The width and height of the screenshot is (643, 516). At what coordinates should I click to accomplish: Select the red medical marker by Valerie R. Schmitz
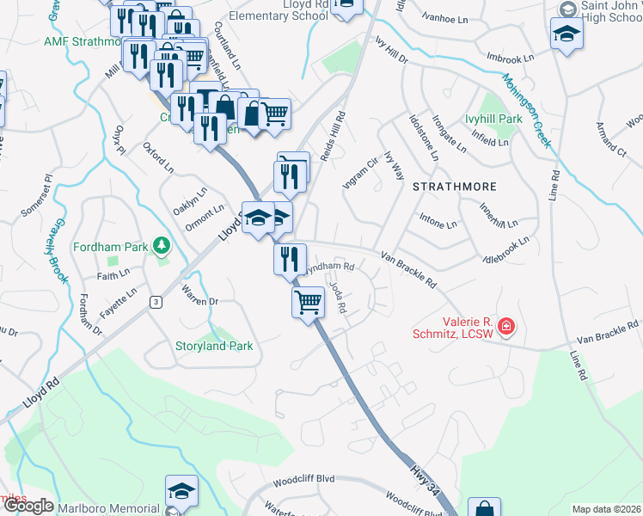pos(507,326)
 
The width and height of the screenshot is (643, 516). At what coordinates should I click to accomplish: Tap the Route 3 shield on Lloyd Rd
pos(156,301)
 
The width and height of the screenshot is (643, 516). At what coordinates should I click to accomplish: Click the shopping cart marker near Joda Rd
pos(308,303)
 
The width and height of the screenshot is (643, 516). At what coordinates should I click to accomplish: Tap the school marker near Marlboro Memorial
pos(181,491)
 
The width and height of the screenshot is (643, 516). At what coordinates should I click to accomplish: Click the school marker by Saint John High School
pos(566,35)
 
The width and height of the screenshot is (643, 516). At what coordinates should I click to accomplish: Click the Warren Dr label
pos(200,302)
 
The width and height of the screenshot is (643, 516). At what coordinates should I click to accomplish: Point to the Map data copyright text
pos(606,509)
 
